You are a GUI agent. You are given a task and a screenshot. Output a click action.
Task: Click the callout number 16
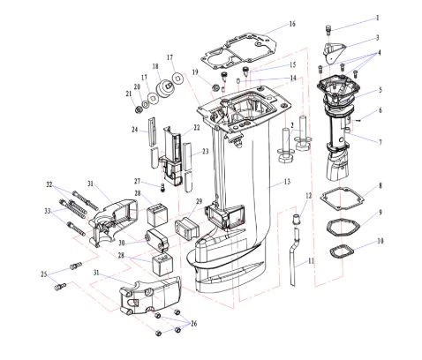[x=291, y=24]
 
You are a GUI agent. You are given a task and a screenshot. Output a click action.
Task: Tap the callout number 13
[x=287, y=182]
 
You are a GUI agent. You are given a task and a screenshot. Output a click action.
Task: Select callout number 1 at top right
[x=378, y=18]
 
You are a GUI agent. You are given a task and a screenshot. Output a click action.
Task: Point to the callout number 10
[x=381, y=241]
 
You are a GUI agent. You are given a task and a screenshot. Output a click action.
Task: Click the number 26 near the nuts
[x=193, y=324]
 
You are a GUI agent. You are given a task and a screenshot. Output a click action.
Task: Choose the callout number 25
[x=44, y=274]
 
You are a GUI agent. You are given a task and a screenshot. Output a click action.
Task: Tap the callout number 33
[x=48, y=211]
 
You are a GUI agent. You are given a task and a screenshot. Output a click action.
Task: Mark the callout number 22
[x=197, y=128]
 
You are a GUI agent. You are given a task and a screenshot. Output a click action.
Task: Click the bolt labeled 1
[x=328, y=30]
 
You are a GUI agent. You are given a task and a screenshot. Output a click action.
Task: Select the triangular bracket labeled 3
[x=334, y=52]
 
